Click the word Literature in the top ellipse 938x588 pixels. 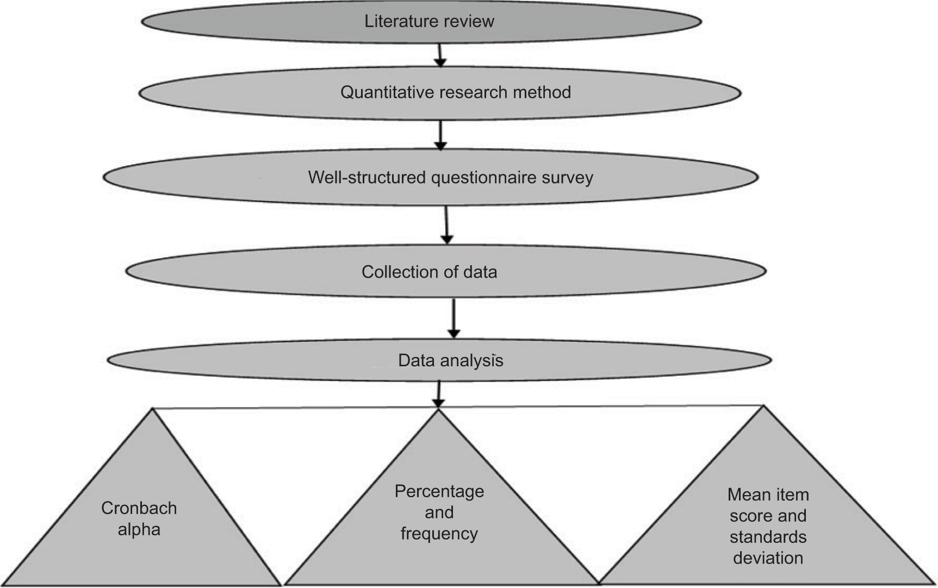coord(395,21)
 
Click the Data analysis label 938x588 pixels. coord(450,360)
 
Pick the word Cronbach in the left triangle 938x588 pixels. coord(139,508)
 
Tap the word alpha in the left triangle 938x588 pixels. coord(139,529)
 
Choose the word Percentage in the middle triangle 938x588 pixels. coord(439,491)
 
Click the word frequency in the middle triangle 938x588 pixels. coord(439,534)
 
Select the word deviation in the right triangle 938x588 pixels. coord(768,558)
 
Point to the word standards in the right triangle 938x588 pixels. coord(768,537)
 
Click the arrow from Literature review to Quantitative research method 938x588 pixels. coord(440,55)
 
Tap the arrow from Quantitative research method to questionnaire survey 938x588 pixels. coord(440,134)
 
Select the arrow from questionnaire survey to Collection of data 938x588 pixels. coord(446,224)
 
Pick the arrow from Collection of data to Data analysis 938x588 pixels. coord(454,318)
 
